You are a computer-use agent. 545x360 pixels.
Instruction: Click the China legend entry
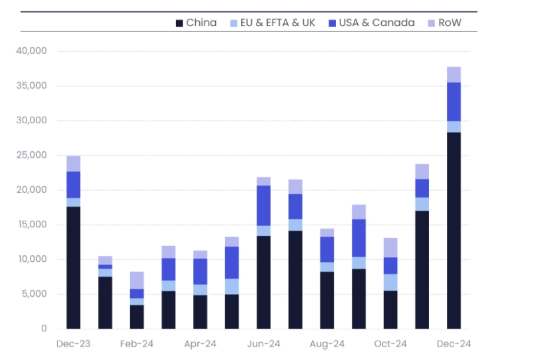[x=197, y=23]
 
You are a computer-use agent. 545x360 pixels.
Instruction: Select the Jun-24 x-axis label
[x=264, y=344]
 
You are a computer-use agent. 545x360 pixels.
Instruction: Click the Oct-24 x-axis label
[x=390, y=344]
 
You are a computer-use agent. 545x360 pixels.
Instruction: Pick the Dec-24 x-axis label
[x=454, y=344]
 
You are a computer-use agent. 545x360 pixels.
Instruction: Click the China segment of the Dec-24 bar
[x=454, y=230]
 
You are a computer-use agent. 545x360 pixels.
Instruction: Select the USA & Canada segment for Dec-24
[x=454, y=101]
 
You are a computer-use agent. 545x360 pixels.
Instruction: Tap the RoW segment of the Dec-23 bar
[x=73, y=163]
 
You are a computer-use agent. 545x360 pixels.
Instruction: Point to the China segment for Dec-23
[x=73, y=267]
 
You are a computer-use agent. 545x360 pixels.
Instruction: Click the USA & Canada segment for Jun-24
[x=264, y=205]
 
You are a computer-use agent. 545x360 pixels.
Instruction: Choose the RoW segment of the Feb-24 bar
[x=137, y=280]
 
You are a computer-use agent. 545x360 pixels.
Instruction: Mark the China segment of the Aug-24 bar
[x=327, y=300]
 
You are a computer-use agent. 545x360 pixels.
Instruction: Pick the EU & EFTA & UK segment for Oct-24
[x=390, y=282]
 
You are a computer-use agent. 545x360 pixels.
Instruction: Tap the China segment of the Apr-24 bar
[x=200, y=311]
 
